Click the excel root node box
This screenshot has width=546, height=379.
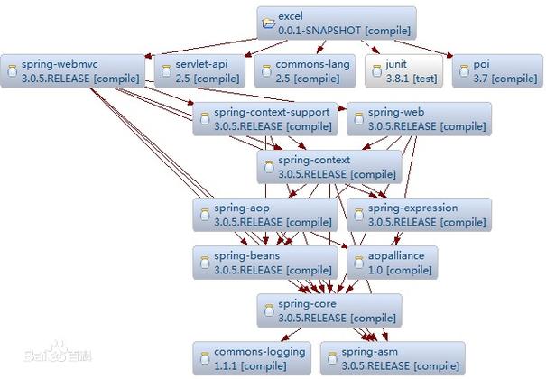337,23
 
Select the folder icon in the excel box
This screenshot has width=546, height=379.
268,23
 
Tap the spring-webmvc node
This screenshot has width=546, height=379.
72,71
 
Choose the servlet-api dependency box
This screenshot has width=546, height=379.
199,71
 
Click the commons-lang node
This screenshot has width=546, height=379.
305,71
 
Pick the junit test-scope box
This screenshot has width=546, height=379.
404,71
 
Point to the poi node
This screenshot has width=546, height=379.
497,71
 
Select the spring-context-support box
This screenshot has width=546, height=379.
265,119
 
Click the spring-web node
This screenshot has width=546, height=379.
420,119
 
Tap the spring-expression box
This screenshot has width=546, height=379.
420,215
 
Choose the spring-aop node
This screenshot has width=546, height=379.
265,215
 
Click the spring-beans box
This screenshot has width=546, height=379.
265,263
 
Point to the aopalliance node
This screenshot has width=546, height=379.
392,263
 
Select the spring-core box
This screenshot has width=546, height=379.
329,310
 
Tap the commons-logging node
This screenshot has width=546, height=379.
252,358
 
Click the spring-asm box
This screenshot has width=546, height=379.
393,358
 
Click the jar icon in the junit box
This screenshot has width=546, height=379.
376,71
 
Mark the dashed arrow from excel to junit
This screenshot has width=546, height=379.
370,47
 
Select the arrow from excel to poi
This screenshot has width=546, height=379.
423,49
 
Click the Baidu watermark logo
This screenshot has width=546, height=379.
58,352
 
